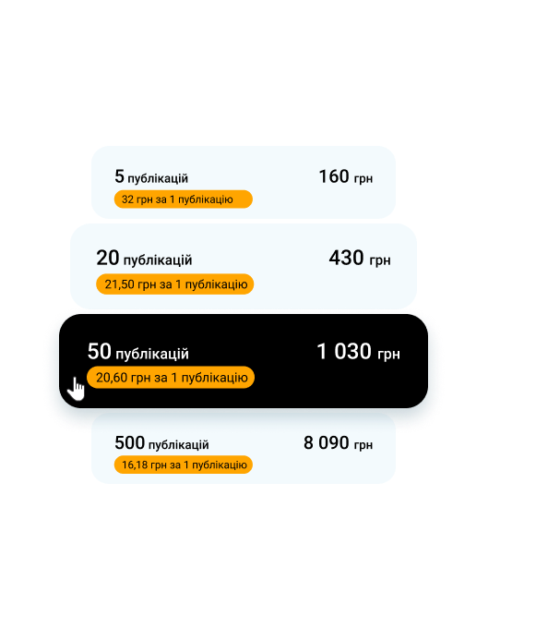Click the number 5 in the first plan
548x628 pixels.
click(119, 176)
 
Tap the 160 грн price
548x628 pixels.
click(346, 177)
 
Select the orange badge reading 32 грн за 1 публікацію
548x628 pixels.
click(184, 199)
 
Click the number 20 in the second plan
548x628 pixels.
click(108, 258)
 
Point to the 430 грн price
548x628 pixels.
click(360, 259)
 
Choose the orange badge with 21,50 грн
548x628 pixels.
click(174, 284)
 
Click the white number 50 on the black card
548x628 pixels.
click(100, 351)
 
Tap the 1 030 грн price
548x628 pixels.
click(358, 352)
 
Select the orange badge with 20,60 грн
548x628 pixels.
click(171, 378)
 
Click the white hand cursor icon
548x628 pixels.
click(76, 389)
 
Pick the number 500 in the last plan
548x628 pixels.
click(129, 443)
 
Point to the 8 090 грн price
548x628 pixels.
click(338, 443)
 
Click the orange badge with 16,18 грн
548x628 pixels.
click(184, 465)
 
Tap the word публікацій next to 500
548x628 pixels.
click(178, 445)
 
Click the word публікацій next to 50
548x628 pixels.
click(152, 354)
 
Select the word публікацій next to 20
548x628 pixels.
click(158, 260)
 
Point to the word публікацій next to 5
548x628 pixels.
click(158, 178)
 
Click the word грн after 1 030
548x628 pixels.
click(388, 355)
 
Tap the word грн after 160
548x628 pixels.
click(363, 178)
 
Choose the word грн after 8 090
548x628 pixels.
click(363, 445)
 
